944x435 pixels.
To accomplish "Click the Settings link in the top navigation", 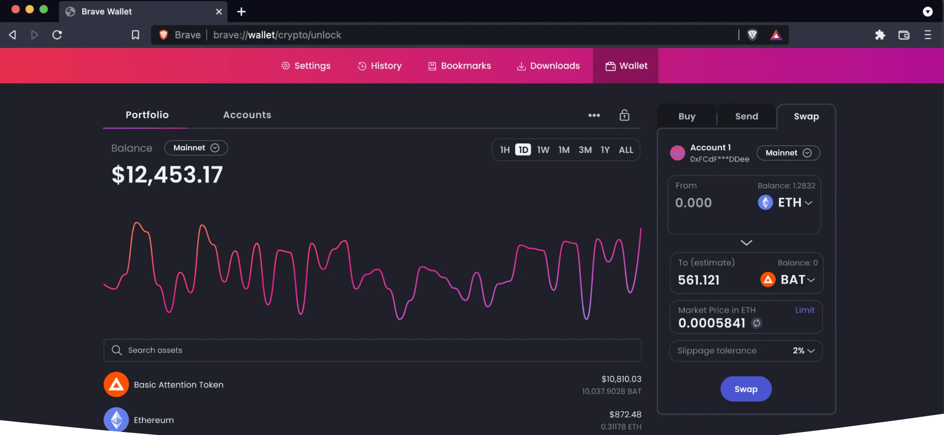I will tap(306, 66).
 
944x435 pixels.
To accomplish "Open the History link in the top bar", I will tap(380, 66).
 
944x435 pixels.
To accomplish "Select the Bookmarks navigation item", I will tap(459, 66).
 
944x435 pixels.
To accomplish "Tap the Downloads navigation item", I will tap(548, 66).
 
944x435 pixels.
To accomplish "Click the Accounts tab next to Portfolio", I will tap(247, 115).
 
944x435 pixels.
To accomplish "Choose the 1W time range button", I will tap(543, 150).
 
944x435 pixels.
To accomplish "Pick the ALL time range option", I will tap(626, 150).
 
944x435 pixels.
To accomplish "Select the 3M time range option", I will tap(585, 150).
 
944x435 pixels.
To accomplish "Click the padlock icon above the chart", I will tap(624, 115).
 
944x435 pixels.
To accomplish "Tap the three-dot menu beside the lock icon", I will tap(594, 115).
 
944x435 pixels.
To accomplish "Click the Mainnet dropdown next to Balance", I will tap(196, 148).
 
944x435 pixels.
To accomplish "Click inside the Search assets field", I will tap(372, 350).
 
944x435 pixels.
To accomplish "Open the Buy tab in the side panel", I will tap(687, 117).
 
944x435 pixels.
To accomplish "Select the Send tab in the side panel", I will tap(746, 117).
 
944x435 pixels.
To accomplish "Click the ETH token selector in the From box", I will tap(786, 202).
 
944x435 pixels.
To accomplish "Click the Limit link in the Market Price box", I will tap(804, 310).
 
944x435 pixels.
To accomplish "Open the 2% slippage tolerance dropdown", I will tap(803, 351).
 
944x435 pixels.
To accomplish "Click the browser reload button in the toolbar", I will tap(57, 35).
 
